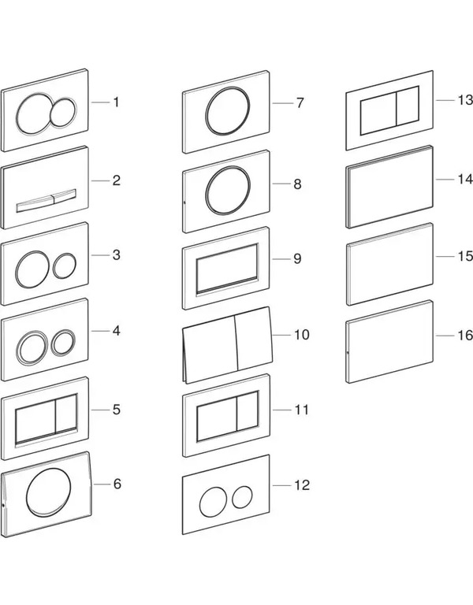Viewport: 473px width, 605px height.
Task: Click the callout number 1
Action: pyautogui.click(x=116, y=102)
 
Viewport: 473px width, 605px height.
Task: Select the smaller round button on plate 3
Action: pyautogui.click(x=65, y=265)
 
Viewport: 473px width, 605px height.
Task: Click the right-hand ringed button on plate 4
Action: pyautogui.click(x=63, y=342)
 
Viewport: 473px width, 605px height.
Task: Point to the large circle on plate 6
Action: pyautogui.click(x=49, y=492)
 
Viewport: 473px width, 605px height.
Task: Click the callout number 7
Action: pyautogui.click(x=300, y=103)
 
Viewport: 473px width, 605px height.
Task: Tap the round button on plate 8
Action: pyautogui.click(x=228, y=190)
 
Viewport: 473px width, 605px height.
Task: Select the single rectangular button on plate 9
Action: pyautogui.click(x=227, y=268)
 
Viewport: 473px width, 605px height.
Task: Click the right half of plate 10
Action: pyautogui.click(x=254, y=339)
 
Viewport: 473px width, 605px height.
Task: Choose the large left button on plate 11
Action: pyautogui.click(x=217, y=418)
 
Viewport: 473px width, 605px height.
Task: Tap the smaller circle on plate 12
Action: pyautogui.click(x=243, y=496)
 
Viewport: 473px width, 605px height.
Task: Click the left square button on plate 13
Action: pyautogui.click(x=378, y=113)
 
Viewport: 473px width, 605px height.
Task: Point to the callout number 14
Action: pyautogui.click(x=465, y=179)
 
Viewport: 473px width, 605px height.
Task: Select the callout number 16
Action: pyautogui.click(x=465, y=336)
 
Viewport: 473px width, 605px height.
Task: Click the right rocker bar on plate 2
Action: pyautogui.click(x=65, y=195)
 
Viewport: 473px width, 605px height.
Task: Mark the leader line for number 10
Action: pyautogui.click(x=281, y=335)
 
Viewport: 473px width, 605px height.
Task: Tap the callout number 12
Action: pyautogui.click(x=302, y=485)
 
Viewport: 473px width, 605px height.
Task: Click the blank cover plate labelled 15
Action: pyautogui.click(x=389, y=264)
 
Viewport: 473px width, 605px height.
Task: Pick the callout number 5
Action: pyautogui.click(x=117, y=410)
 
